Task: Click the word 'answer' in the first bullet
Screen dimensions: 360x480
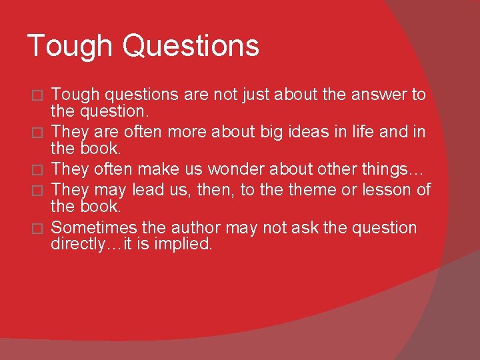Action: click(376, 95)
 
